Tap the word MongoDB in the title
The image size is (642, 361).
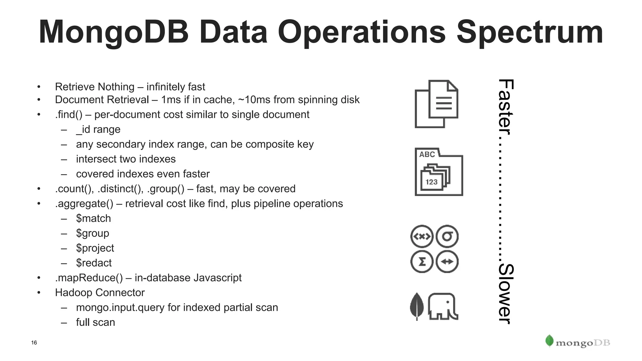pos(113,32)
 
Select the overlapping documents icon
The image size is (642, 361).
pos(436,104)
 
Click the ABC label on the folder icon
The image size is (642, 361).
pos(427,154)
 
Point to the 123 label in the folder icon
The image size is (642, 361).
pos(431,182)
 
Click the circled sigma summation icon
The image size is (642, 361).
pos(422,262)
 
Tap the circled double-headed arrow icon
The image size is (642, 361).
pos(447,262)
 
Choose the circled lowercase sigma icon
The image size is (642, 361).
pos(447,236)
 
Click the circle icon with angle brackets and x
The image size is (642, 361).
pos(422,236)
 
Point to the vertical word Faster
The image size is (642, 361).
pos(505,107)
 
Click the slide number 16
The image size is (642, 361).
pos(34,343)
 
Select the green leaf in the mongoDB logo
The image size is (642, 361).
pos(549,341)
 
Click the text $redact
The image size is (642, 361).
pos(94,263)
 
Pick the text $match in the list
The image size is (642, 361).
pos(93,218)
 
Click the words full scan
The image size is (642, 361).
pos(96,322)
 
